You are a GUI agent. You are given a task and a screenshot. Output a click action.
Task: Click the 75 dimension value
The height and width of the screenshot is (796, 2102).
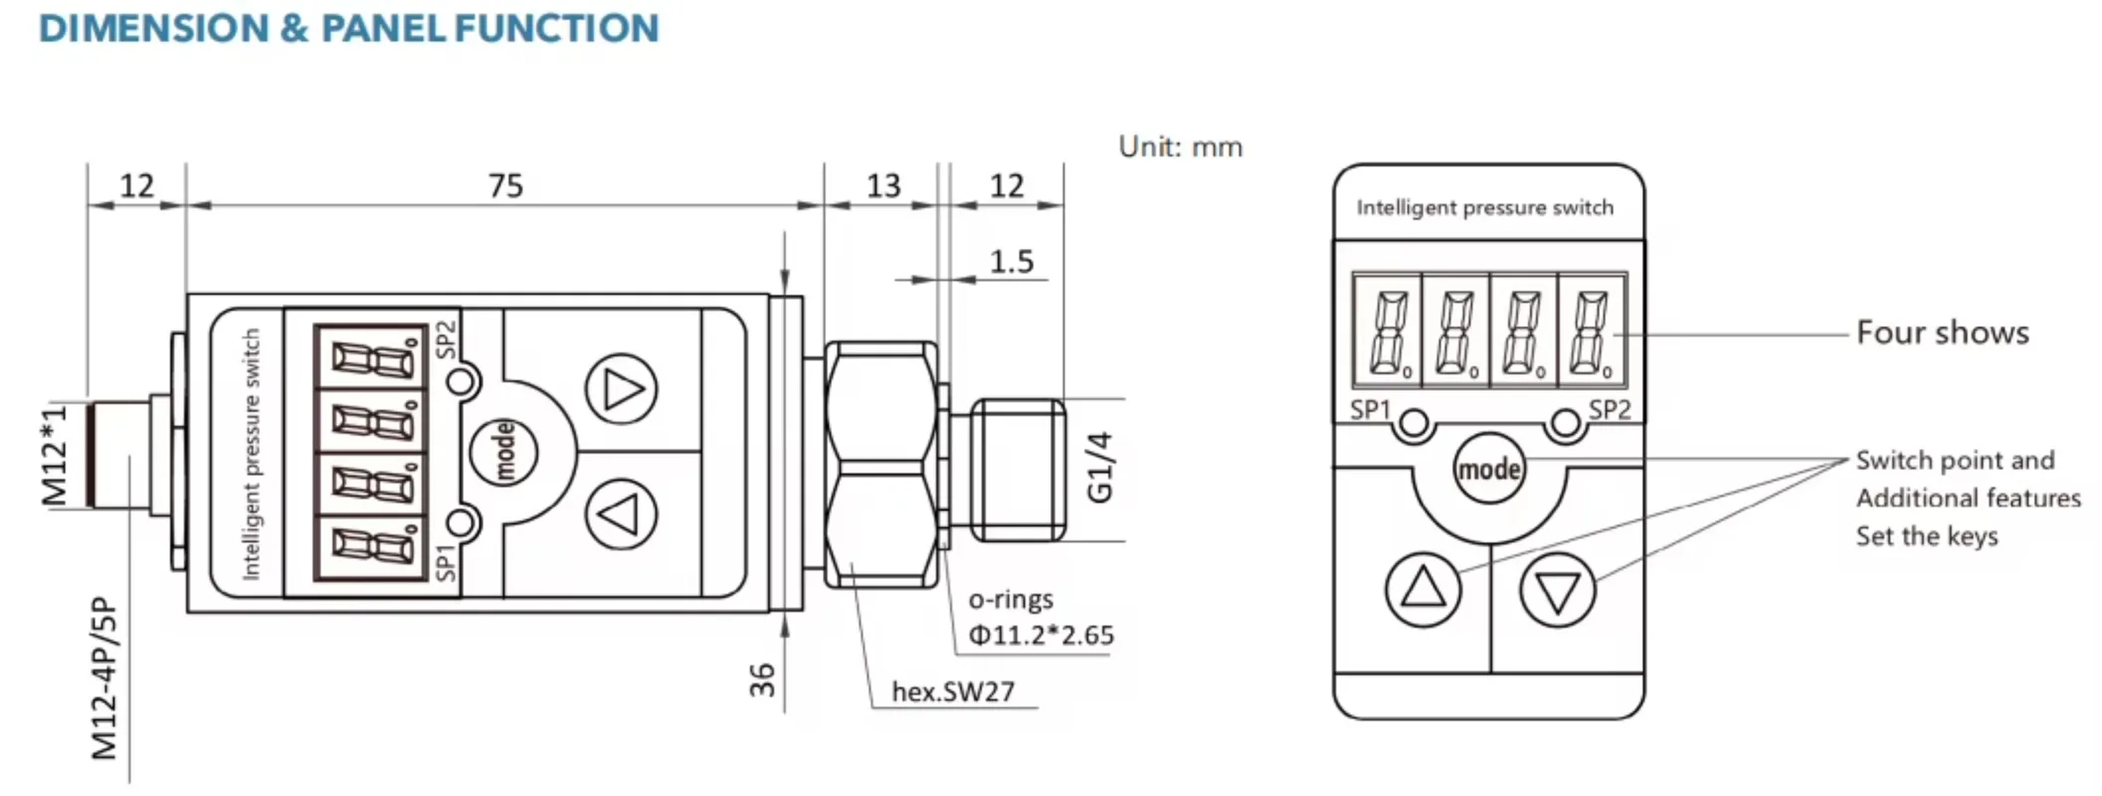505,186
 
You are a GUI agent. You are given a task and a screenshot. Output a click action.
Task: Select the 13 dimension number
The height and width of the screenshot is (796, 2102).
882,186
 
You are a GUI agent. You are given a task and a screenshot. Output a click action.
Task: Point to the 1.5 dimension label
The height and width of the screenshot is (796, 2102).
1011,262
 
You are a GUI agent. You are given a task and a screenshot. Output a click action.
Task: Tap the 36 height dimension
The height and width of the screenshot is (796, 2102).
762,680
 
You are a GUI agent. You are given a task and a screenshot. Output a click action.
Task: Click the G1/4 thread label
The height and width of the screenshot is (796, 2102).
1099,468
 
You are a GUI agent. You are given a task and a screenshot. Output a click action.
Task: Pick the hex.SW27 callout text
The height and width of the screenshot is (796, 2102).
952,692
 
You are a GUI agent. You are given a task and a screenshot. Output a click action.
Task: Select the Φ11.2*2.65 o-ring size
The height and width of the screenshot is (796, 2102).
1041,635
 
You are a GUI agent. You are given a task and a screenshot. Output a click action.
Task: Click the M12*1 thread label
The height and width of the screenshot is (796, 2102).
55,455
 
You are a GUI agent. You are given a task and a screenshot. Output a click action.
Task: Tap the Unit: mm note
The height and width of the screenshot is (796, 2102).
1180,147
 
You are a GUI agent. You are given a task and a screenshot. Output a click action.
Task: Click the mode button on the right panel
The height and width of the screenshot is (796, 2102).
1488,469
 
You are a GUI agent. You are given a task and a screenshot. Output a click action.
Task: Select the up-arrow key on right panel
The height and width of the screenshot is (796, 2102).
1423,589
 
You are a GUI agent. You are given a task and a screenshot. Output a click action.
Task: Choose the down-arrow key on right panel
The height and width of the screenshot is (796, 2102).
1557,590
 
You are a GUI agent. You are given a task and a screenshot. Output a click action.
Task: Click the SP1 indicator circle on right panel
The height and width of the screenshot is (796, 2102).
1414,425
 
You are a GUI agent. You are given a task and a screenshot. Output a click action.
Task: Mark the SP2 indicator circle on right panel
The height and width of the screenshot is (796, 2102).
1565,425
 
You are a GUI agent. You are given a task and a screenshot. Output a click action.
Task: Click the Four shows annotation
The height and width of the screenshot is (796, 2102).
1942,332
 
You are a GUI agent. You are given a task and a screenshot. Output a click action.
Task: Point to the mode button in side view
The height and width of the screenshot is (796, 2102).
504,452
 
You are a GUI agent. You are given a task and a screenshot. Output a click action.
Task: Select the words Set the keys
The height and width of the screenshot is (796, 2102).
1926,536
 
